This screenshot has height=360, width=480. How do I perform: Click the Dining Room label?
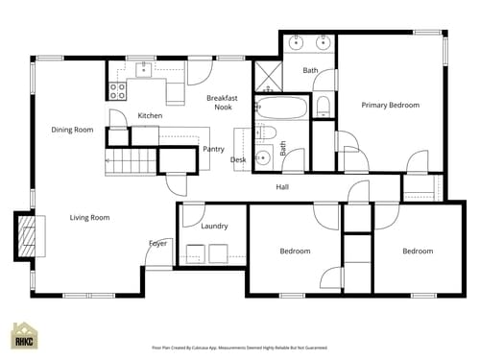click(x=72, y=130)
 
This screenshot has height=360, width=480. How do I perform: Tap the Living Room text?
click(x=89, y=218)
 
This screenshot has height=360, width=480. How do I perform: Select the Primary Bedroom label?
click(x=390, y=105)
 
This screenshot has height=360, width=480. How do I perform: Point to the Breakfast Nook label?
click(x=223, y=103)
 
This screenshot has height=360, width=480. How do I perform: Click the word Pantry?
click(x=213, y=149)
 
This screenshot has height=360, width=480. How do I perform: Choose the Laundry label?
click(x=214, y=227)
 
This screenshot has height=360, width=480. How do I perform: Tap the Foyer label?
click(x=157, y=243)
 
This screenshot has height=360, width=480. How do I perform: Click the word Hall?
click(x=283, y=186)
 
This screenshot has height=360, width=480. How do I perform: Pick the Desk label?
click(x=238, y=159)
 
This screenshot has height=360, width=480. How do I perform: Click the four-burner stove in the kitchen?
click(x=118, y=91)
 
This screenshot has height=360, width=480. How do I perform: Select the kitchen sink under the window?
click(x=144, y=70)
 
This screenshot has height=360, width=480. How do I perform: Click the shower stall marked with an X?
click(x=265, y=74)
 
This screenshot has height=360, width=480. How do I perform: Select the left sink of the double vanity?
click(x=297, y=43)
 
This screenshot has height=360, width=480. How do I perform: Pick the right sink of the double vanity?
click(x=324, y=43)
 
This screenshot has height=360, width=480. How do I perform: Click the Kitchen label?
click(x=150, y=116)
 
